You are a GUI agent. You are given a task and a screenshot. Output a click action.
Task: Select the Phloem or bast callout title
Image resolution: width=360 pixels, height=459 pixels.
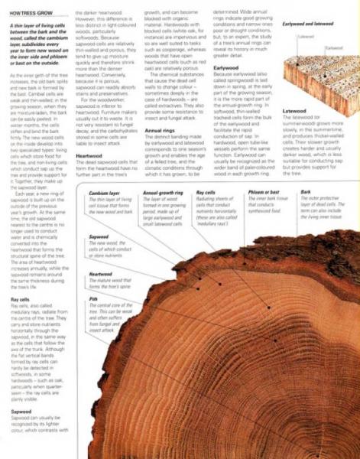click(265, 194)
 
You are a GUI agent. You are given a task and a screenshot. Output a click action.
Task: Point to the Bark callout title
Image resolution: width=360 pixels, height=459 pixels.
click(306, 194)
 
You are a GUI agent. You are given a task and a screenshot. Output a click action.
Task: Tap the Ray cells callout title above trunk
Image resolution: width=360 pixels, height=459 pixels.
click(205, 194)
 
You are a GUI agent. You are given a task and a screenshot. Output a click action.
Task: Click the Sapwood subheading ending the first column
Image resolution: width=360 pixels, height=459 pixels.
click(21, 412)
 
